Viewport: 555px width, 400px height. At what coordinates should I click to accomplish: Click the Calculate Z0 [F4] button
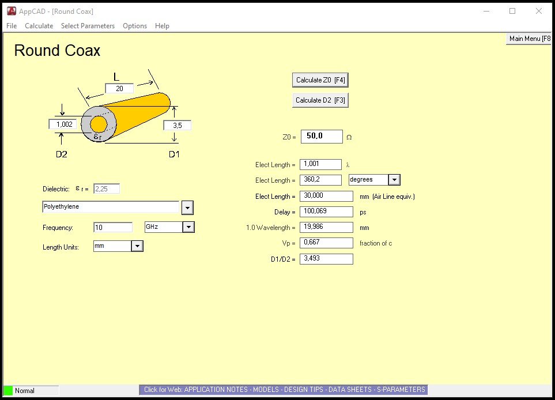tap(320, 80)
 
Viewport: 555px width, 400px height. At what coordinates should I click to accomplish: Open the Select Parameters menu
tap(88, 26)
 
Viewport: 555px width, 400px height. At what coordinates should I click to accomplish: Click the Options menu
tap(135, 26)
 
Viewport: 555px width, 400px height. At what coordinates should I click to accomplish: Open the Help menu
tap(162, 26)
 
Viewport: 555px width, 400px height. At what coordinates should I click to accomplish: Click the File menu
tap(12, 26)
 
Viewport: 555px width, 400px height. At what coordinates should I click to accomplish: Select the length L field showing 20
tap(119, 88)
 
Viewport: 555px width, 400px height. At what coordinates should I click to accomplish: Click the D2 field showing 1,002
tap(63, 124)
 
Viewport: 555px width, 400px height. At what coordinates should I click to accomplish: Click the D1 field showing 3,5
tap(177, 125)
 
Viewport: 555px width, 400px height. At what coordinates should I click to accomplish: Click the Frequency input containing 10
tap(113, 228)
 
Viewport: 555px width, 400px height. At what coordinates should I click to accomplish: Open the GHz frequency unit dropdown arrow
tap(188, 227)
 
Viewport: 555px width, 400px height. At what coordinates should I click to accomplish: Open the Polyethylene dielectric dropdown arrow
tap(187, 207)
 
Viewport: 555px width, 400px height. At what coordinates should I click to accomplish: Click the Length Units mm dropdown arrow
tap(137, 247)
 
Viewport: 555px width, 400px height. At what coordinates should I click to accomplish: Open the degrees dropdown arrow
tap(394, 180)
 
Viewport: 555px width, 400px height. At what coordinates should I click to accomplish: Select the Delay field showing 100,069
tap(326, 212)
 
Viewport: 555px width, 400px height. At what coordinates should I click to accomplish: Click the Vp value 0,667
tap(326, 243)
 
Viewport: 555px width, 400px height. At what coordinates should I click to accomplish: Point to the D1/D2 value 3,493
tap(326, 259)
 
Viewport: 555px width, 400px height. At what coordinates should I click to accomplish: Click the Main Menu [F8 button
tap(528, 39)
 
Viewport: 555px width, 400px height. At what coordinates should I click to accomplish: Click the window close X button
tap(539, 11)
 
